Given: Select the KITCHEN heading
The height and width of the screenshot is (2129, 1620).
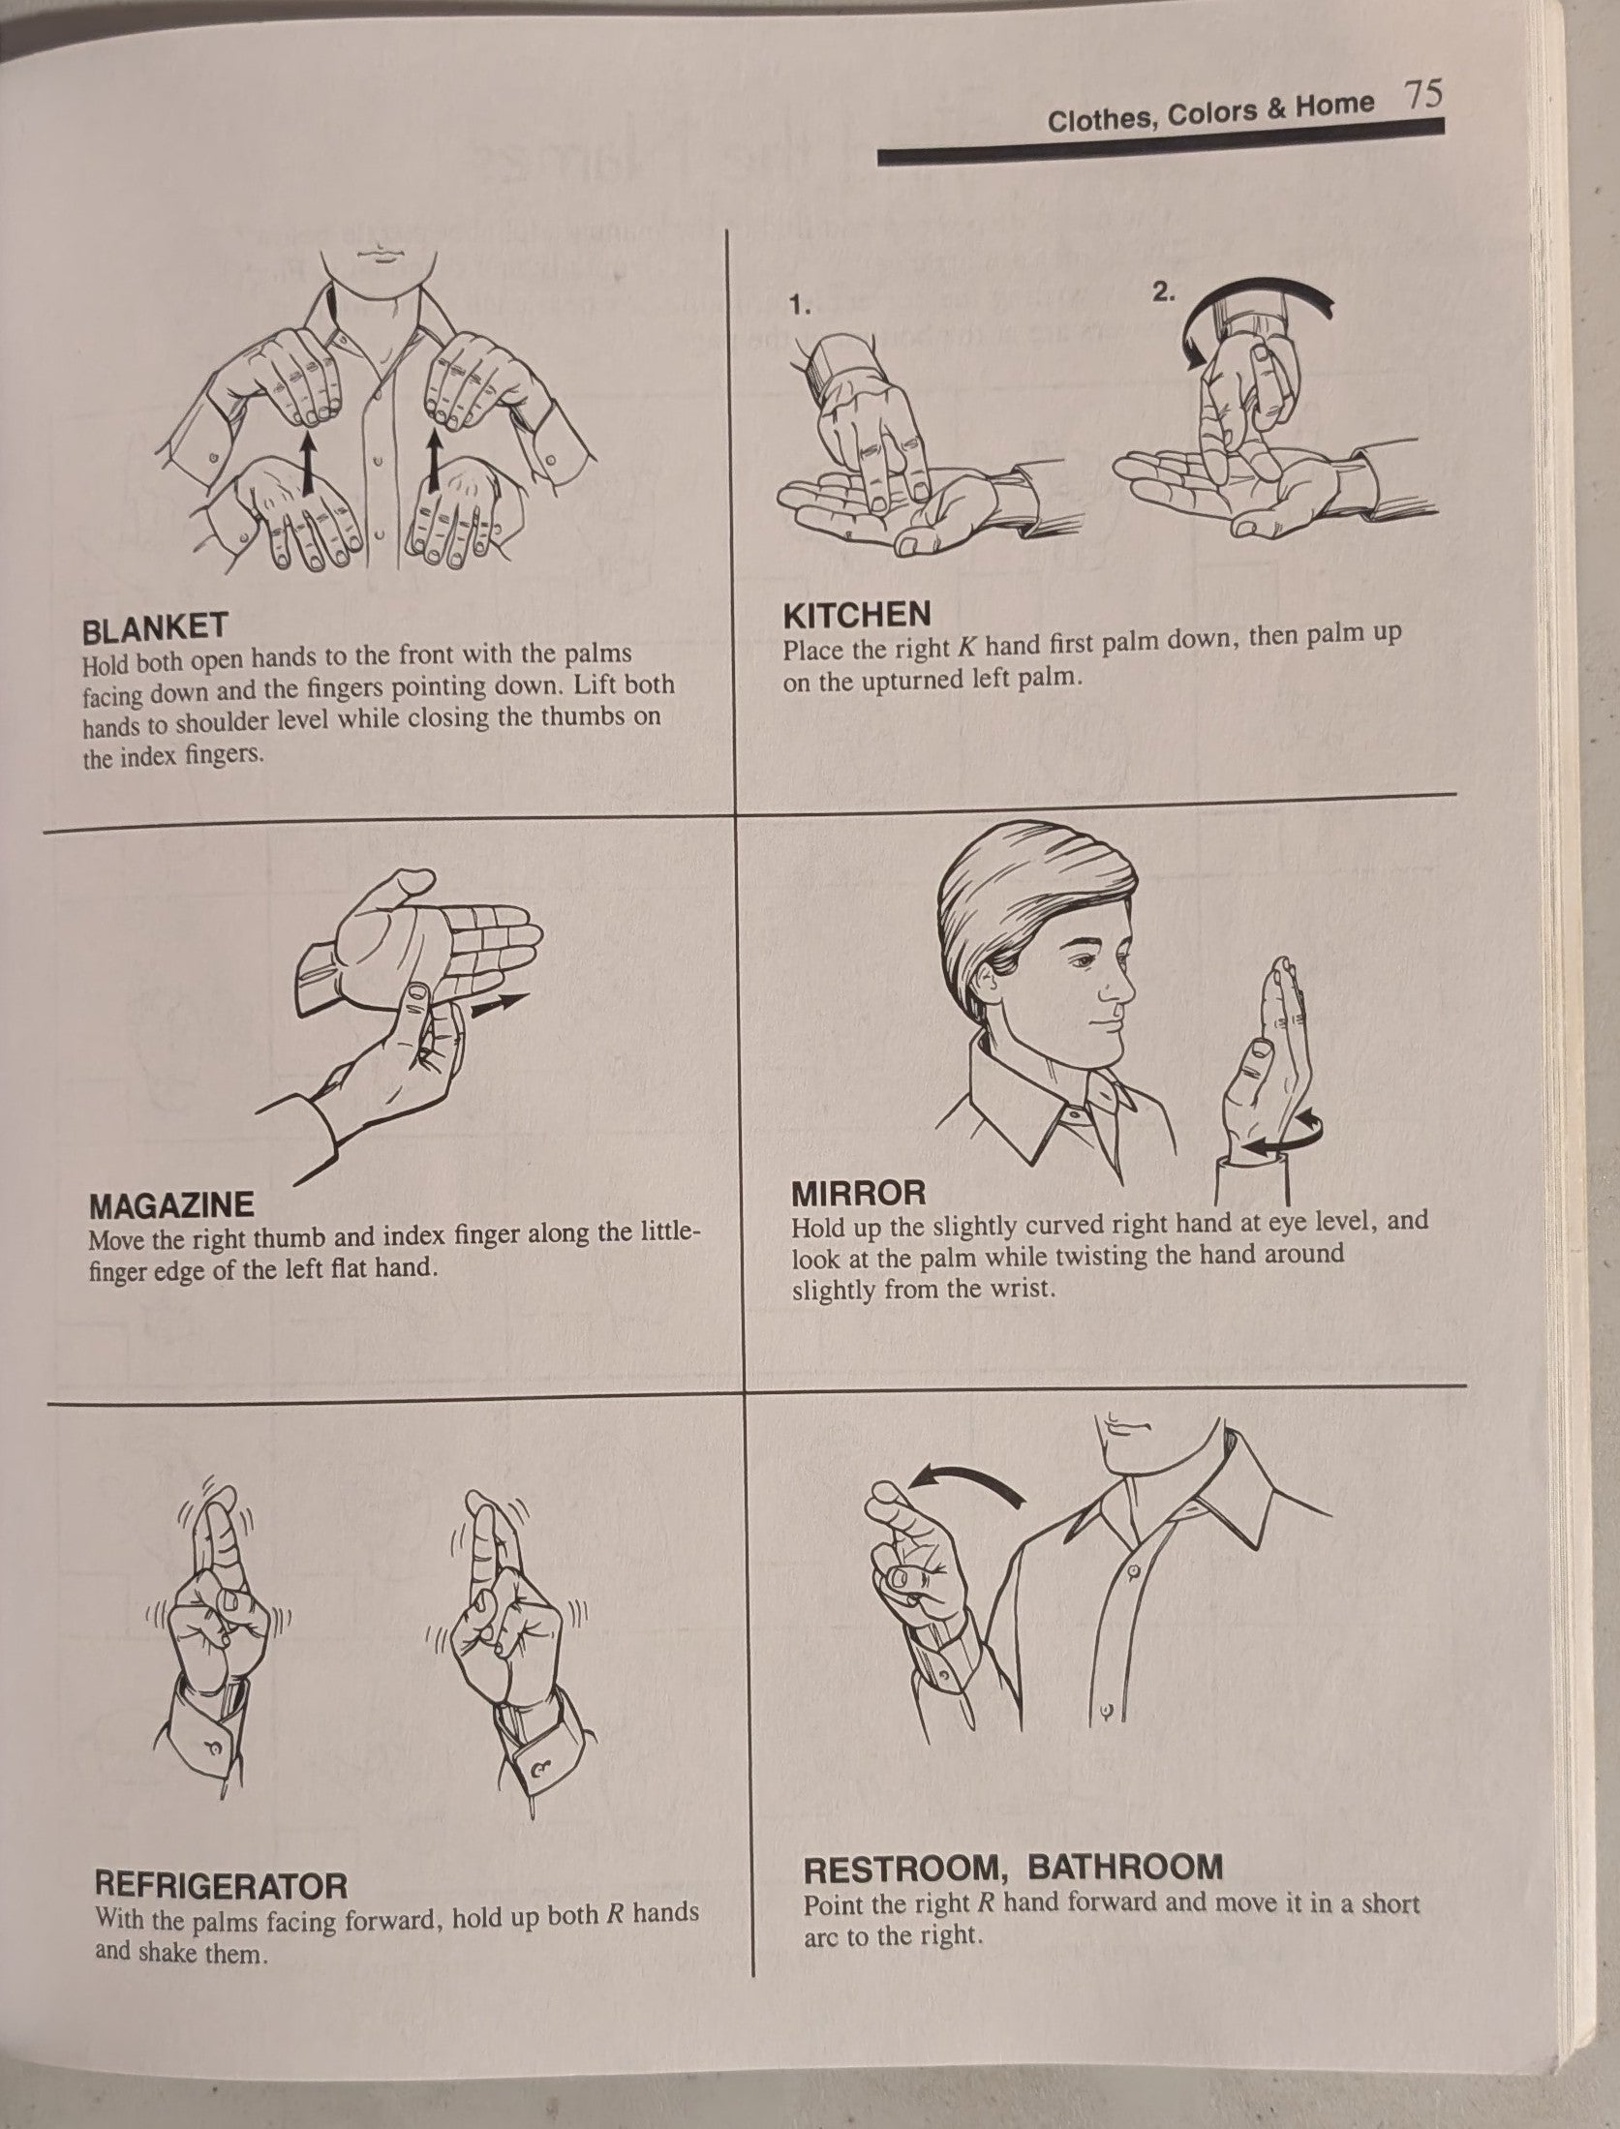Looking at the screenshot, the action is click(x=858, y=614).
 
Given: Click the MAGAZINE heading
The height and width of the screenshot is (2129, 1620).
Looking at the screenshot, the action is click(x=171, y=1205).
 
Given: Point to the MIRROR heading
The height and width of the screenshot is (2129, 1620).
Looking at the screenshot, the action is click(x=859, y=1192).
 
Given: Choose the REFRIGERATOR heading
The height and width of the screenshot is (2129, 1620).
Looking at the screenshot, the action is click(x=221, y=1885).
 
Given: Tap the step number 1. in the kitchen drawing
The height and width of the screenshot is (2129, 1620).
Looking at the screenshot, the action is click(x=798, y=307).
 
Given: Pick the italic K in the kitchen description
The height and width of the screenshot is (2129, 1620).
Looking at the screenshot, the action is click(x=964, y=645).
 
